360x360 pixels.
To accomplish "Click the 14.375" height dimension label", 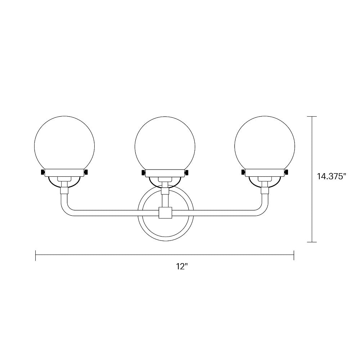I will pos(332,176).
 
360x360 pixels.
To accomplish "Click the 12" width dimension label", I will pos(183,267).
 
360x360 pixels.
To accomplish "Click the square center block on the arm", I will pos(165,212).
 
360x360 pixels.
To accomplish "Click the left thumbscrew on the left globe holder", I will pos(43,173).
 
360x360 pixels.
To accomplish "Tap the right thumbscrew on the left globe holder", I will pos(86,173).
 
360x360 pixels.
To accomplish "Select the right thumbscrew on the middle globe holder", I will pos(186,173).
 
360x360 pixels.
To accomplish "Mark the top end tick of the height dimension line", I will pos(312,117).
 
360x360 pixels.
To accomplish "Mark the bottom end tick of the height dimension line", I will pos(312,242).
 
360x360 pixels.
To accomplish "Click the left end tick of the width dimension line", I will pos(36,255).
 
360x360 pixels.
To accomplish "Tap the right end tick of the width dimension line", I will pos(294,255).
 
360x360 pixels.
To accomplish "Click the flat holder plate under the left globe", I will pos(64,173).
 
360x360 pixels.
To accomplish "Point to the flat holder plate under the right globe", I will pos(265,173).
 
